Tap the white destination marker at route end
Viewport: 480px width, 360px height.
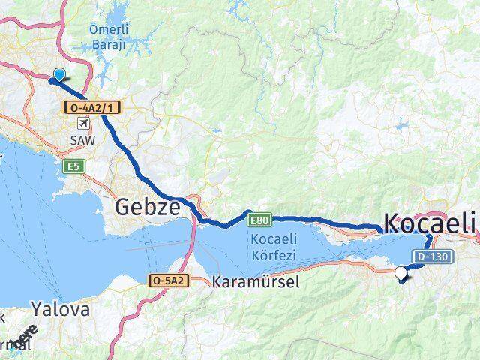point(401,274)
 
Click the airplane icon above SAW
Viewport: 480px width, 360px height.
point(82,124)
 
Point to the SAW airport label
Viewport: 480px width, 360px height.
point(82,140)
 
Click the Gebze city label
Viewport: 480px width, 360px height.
point(147,207)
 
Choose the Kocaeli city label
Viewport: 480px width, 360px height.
point(430,223)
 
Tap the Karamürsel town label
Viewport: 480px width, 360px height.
point(256,283)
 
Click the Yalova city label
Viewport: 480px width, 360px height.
point(60,309)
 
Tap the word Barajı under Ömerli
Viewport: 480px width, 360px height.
point(108,43)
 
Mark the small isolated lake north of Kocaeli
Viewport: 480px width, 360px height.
point(402,125)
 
